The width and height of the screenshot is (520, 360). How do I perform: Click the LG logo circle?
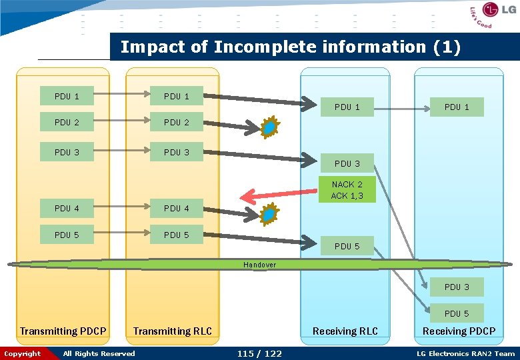tap(491, 10)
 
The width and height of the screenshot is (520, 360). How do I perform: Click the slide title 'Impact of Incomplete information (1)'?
tap(290, 47)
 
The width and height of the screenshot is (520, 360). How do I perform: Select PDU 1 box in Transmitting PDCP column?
tap(67, 96)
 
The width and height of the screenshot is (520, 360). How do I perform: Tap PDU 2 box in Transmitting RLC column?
tap(177, 122)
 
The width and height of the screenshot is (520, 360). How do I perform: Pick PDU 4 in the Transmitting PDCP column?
tap(67, 208)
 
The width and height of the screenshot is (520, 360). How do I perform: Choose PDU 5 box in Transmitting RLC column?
tap(177, 235)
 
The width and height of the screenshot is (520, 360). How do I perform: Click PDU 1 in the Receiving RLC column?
tap(347, 107)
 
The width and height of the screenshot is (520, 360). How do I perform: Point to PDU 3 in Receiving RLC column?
tap(347, 163)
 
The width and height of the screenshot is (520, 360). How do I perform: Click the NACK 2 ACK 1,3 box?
tap(347, 190)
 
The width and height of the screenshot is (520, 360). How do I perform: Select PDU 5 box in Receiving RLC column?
tap(347, 246)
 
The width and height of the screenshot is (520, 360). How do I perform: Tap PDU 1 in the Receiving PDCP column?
tap(457, 107)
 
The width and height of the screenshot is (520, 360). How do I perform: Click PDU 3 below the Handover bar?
tap(457, 287)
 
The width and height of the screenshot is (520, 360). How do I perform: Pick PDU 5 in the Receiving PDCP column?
tap(457, 313)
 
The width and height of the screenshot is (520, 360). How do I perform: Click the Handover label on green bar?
tap(259, 265)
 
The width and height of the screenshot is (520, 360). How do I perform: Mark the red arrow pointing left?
tap(277, 195)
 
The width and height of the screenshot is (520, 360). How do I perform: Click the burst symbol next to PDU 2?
tap(269, 127)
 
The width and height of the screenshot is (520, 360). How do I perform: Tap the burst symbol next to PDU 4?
tap(269, 214)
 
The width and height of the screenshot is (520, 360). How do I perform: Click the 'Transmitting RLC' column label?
tap(173, 331)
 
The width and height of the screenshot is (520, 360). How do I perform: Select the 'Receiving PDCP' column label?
tap(459, 331)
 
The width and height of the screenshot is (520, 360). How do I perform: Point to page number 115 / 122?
tap(259, 353)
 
